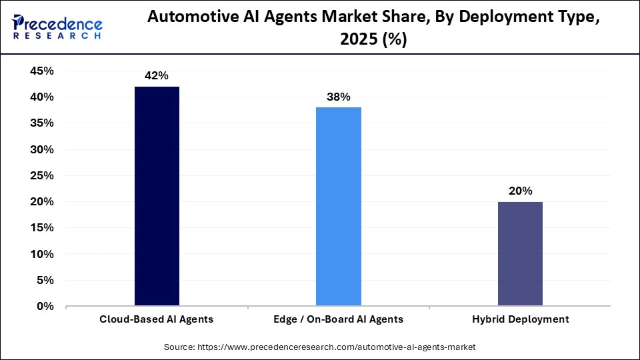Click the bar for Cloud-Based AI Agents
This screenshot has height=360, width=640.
157,197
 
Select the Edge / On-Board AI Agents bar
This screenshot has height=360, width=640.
338,207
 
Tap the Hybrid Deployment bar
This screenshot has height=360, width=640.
520,254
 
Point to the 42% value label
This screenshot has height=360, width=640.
157,76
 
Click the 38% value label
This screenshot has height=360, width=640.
338,97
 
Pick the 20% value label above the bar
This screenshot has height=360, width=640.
520,191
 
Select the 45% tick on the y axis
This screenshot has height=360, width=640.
43,71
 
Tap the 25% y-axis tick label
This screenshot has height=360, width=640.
43,175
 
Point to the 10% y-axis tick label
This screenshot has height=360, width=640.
43,254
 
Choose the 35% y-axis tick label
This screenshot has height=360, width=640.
43,123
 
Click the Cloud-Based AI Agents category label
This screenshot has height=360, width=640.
157,319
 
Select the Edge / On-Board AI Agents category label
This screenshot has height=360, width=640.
338,319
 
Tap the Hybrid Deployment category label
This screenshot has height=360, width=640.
520,319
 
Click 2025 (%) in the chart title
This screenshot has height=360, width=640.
373,40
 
